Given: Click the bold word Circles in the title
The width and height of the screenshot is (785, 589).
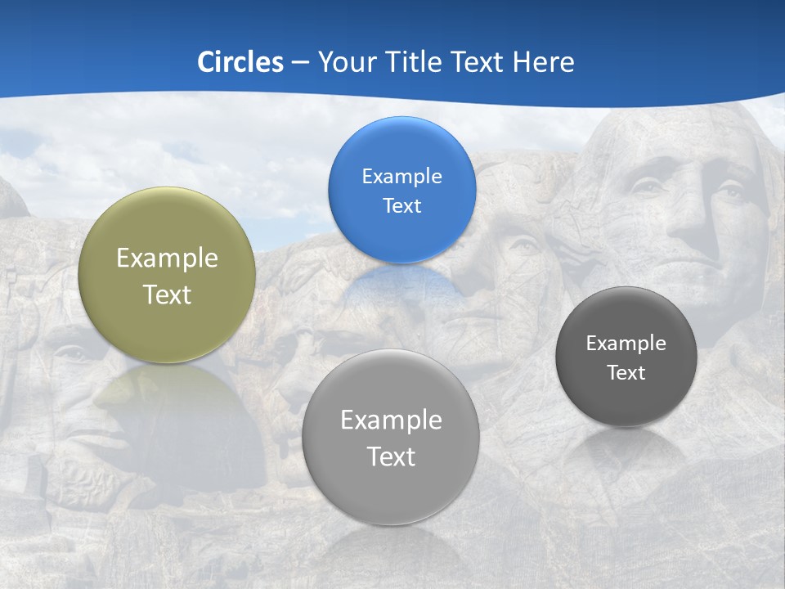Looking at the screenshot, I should pyautogui.click(x=240, y=62).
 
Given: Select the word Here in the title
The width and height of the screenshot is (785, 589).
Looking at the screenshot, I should pyautogui.click(x=544, y=62).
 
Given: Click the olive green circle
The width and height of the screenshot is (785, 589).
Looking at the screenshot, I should pyautogui.click(x=167, y=275).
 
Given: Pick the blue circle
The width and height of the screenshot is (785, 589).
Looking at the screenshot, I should pyautogui.click(x=401, y=190).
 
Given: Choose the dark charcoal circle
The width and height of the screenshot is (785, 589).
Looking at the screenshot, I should pyautogui.click(x=626, y=357).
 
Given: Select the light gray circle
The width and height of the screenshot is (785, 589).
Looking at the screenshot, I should pyautogui.click(x=391, y=437).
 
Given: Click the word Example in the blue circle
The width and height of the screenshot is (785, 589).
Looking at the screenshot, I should pyautogui.click(x=401, y=176).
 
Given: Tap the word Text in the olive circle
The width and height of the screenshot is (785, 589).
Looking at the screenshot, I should pyautogui.click(x=167, y=294).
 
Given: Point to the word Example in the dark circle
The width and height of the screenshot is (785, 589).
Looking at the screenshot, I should pyautogui.click(x=626, y=344).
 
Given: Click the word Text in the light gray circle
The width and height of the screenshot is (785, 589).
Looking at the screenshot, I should pyautogui.click(x=391, y=456).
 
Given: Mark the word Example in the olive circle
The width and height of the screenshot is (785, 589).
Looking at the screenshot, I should pyautogui.click(x=167, y=259).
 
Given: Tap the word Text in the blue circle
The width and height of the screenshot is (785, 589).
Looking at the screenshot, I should pyautogui.click(x=401, y=205).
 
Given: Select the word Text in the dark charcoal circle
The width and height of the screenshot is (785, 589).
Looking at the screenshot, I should pyautogui.click(x=626, y=373).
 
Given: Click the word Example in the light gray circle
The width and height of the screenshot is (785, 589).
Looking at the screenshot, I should pyautogui.click(x=391, y=420).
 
